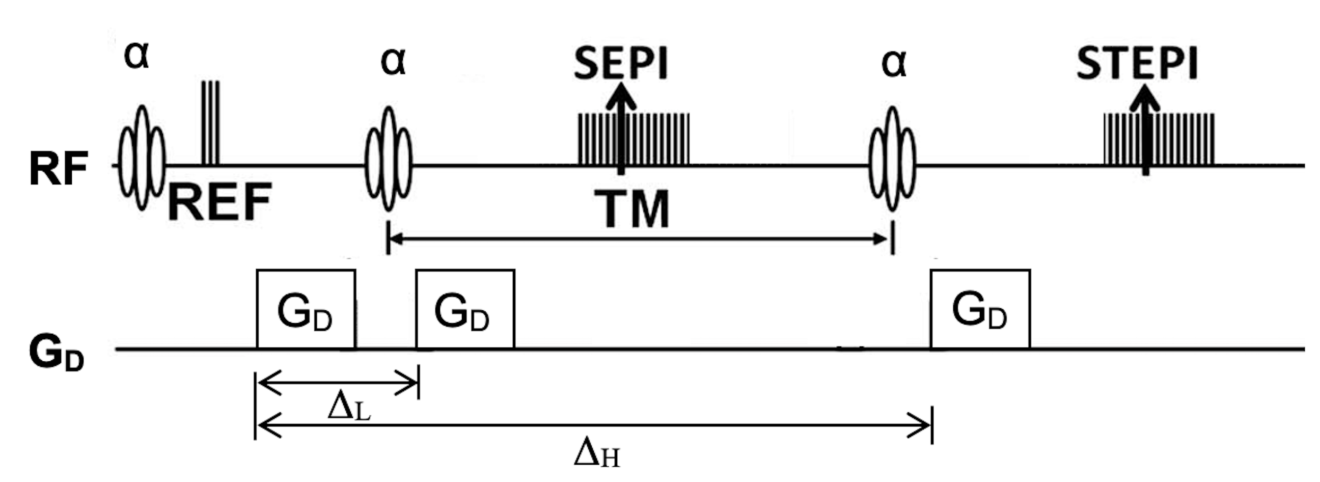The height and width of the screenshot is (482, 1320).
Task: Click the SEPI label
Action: [621, 64]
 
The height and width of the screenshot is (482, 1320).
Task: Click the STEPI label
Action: [1137, 64]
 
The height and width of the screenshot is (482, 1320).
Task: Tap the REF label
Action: [219, 202]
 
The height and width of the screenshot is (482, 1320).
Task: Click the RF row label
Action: [58, 169]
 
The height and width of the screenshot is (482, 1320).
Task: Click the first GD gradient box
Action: [306, 309]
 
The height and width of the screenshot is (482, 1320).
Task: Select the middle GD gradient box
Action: [465, 309]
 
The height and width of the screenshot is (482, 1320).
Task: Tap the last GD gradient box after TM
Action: [980, 309]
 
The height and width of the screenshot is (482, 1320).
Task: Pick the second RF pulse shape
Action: [389, 159]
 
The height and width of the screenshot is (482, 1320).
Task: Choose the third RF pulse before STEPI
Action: [893, 159]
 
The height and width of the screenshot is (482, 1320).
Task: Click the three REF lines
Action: [211, 123]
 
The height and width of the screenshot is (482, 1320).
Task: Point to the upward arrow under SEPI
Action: [621, 128]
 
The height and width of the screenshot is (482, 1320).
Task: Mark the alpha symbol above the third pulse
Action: [894, 63]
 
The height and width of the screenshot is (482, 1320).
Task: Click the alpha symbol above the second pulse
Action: [393, 62]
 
